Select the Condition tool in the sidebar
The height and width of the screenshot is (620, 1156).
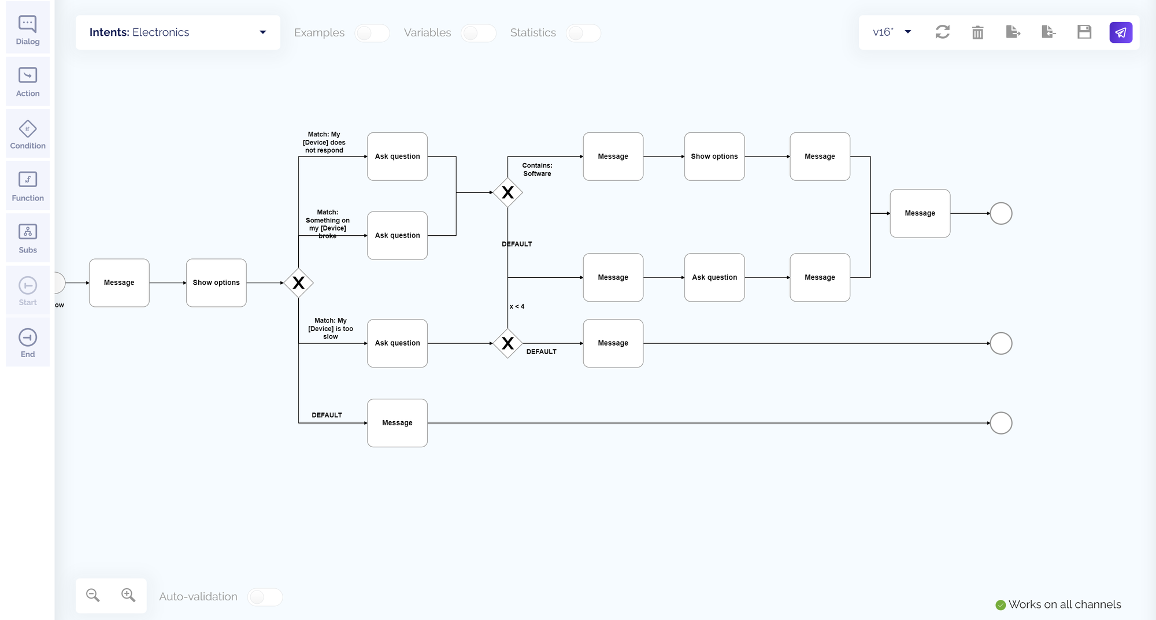28,134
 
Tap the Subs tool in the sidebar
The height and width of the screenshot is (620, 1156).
28,238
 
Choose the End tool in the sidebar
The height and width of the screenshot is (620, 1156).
28,343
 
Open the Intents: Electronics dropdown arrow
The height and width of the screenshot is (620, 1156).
263,32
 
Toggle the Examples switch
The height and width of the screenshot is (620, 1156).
372,33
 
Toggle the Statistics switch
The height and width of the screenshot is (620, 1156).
583,33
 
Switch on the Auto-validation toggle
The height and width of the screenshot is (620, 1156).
265,597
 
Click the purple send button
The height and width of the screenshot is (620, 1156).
1121,32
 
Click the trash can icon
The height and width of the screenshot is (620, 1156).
978,32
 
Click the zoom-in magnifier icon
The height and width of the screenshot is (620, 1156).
128,595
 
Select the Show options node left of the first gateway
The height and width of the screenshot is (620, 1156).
216,283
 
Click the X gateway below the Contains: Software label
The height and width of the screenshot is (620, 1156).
507,192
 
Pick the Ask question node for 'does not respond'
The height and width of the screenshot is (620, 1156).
398,157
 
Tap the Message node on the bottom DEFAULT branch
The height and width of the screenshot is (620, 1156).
398,423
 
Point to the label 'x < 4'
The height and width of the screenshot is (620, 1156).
517,306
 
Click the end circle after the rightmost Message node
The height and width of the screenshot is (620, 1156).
1001,214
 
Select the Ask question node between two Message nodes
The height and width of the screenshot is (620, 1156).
714,277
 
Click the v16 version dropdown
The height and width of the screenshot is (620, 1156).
892,32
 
